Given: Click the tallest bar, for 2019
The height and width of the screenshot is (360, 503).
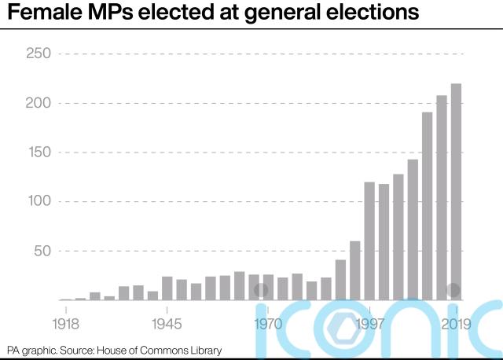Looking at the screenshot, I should (x=456, y=192).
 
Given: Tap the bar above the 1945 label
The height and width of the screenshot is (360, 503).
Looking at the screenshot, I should (x=167, y=288).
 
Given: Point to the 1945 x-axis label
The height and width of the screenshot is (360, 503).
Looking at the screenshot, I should (x=167, y=323).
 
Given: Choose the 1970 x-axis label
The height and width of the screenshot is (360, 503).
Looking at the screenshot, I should (x=269, y=323).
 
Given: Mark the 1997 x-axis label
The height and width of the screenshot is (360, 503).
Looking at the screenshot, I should (x=369, y=323).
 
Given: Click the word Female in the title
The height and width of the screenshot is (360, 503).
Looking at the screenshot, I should (x=46, y=15).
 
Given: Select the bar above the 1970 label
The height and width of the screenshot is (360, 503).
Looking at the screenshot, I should (x=269, y=287).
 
